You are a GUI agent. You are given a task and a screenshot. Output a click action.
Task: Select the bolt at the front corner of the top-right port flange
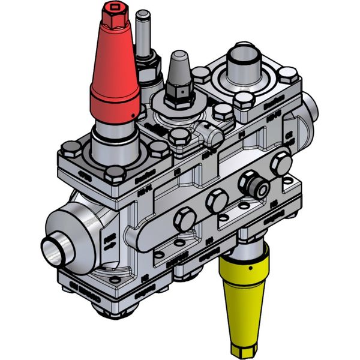(242, 101)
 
